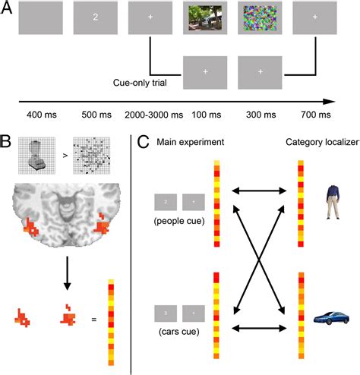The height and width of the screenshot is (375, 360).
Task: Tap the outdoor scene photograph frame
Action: (205, 16)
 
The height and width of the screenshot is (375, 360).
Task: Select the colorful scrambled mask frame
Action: (260, 16)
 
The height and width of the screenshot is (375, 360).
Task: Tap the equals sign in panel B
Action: (95, 319)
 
